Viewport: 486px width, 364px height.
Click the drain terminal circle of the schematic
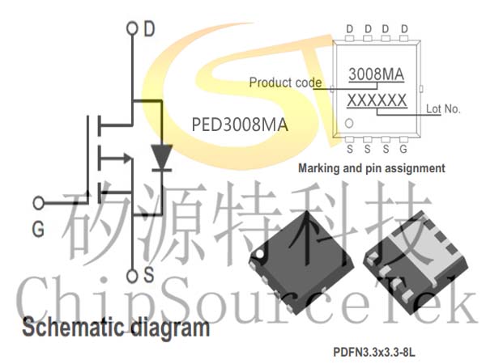click(132, 28)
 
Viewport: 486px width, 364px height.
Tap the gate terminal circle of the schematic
click(39, 203)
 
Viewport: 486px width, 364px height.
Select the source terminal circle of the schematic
click(132, 276)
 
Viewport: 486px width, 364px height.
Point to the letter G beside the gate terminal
click(38, 230)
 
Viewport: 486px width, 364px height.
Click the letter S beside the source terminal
click(148, 274)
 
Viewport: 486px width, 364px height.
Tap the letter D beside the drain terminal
click(149, 29)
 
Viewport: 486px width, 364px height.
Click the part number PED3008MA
click(240, 125)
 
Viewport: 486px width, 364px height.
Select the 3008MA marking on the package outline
click(377, 74)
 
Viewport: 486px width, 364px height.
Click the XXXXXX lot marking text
click(377, 100)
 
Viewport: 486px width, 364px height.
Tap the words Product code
click(285, 83)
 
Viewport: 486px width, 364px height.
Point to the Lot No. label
click(443, 108)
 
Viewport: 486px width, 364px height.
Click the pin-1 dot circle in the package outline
click(349, 123)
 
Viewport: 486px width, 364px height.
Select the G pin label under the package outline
click(403, 149)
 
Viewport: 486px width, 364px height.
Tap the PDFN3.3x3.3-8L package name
click(373, 352)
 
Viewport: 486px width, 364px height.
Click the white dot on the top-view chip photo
click(260, 255)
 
